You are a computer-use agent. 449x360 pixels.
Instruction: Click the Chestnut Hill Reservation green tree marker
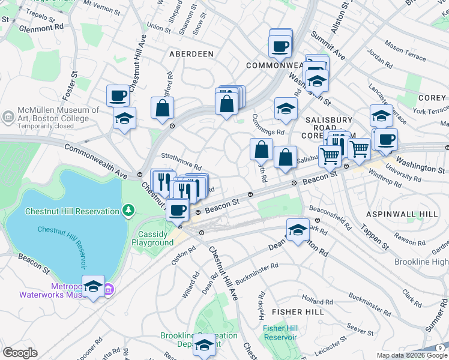(127, 211)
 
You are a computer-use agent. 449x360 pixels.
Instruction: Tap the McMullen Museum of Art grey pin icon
(9, 115)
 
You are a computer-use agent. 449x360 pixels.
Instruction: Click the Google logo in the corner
(20, 353)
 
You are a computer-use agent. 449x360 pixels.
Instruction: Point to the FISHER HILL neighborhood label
(293, 312)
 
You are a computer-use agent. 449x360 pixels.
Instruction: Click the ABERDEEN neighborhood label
(191, 54)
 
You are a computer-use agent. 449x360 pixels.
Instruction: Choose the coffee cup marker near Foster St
(118, 95)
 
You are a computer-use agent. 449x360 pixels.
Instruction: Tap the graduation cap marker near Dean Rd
(298, 230)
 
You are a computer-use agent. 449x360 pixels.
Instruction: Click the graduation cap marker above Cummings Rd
(286, 109)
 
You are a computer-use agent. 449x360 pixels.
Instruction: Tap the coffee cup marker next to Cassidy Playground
(177, 210)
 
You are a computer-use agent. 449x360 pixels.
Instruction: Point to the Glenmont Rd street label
(41, 28)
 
